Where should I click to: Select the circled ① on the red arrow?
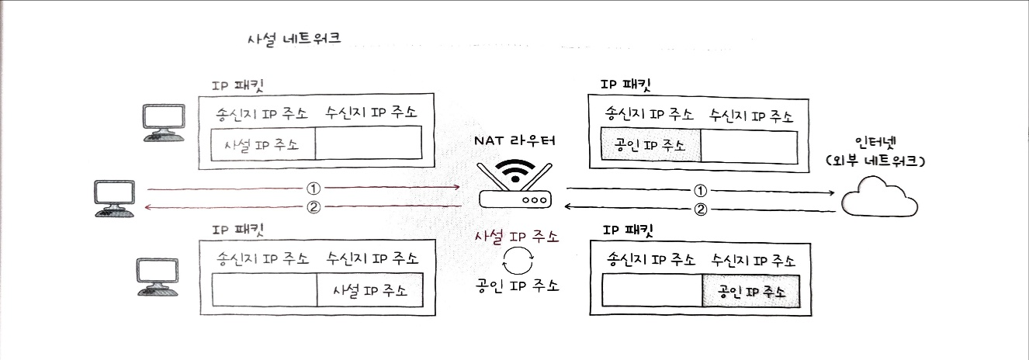tap(313, 188)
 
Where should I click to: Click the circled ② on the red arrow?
tap(314, 206)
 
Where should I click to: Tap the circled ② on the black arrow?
tap(701, 208)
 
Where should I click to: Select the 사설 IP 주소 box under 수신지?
tap(370, 292)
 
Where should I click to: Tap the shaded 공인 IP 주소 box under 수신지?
tap(750, 292)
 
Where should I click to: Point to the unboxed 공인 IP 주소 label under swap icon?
tap(518, 284)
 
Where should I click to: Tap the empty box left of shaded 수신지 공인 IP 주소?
tap(652, 292)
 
